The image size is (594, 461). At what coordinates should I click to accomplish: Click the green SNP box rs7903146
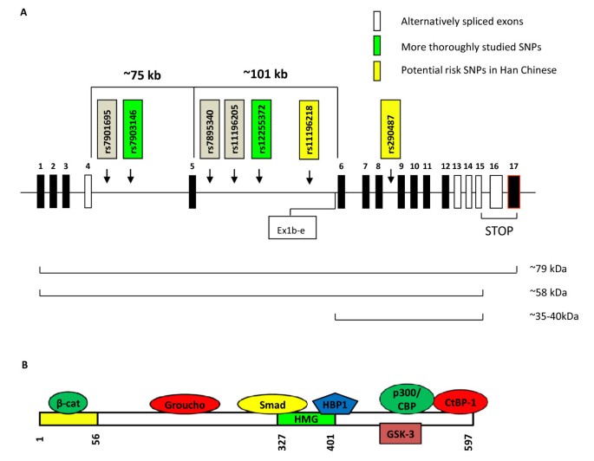click(131, 128)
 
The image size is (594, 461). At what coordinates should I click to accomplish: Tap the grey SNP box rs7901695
click(106, 128)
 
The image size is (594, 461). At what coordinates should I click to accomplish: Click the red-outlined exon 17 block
click(513, 191)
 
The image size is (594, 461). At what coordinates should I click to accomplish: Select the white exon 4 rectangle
click(88, 191)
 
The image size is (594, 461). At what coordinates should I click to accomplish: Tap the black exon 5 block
click(192, 191)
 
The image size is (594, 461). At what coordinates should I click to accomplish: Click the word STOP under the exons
click(499, 231)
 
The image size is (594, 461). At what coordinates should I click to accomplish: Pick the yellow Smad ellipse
click(271, 404)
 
